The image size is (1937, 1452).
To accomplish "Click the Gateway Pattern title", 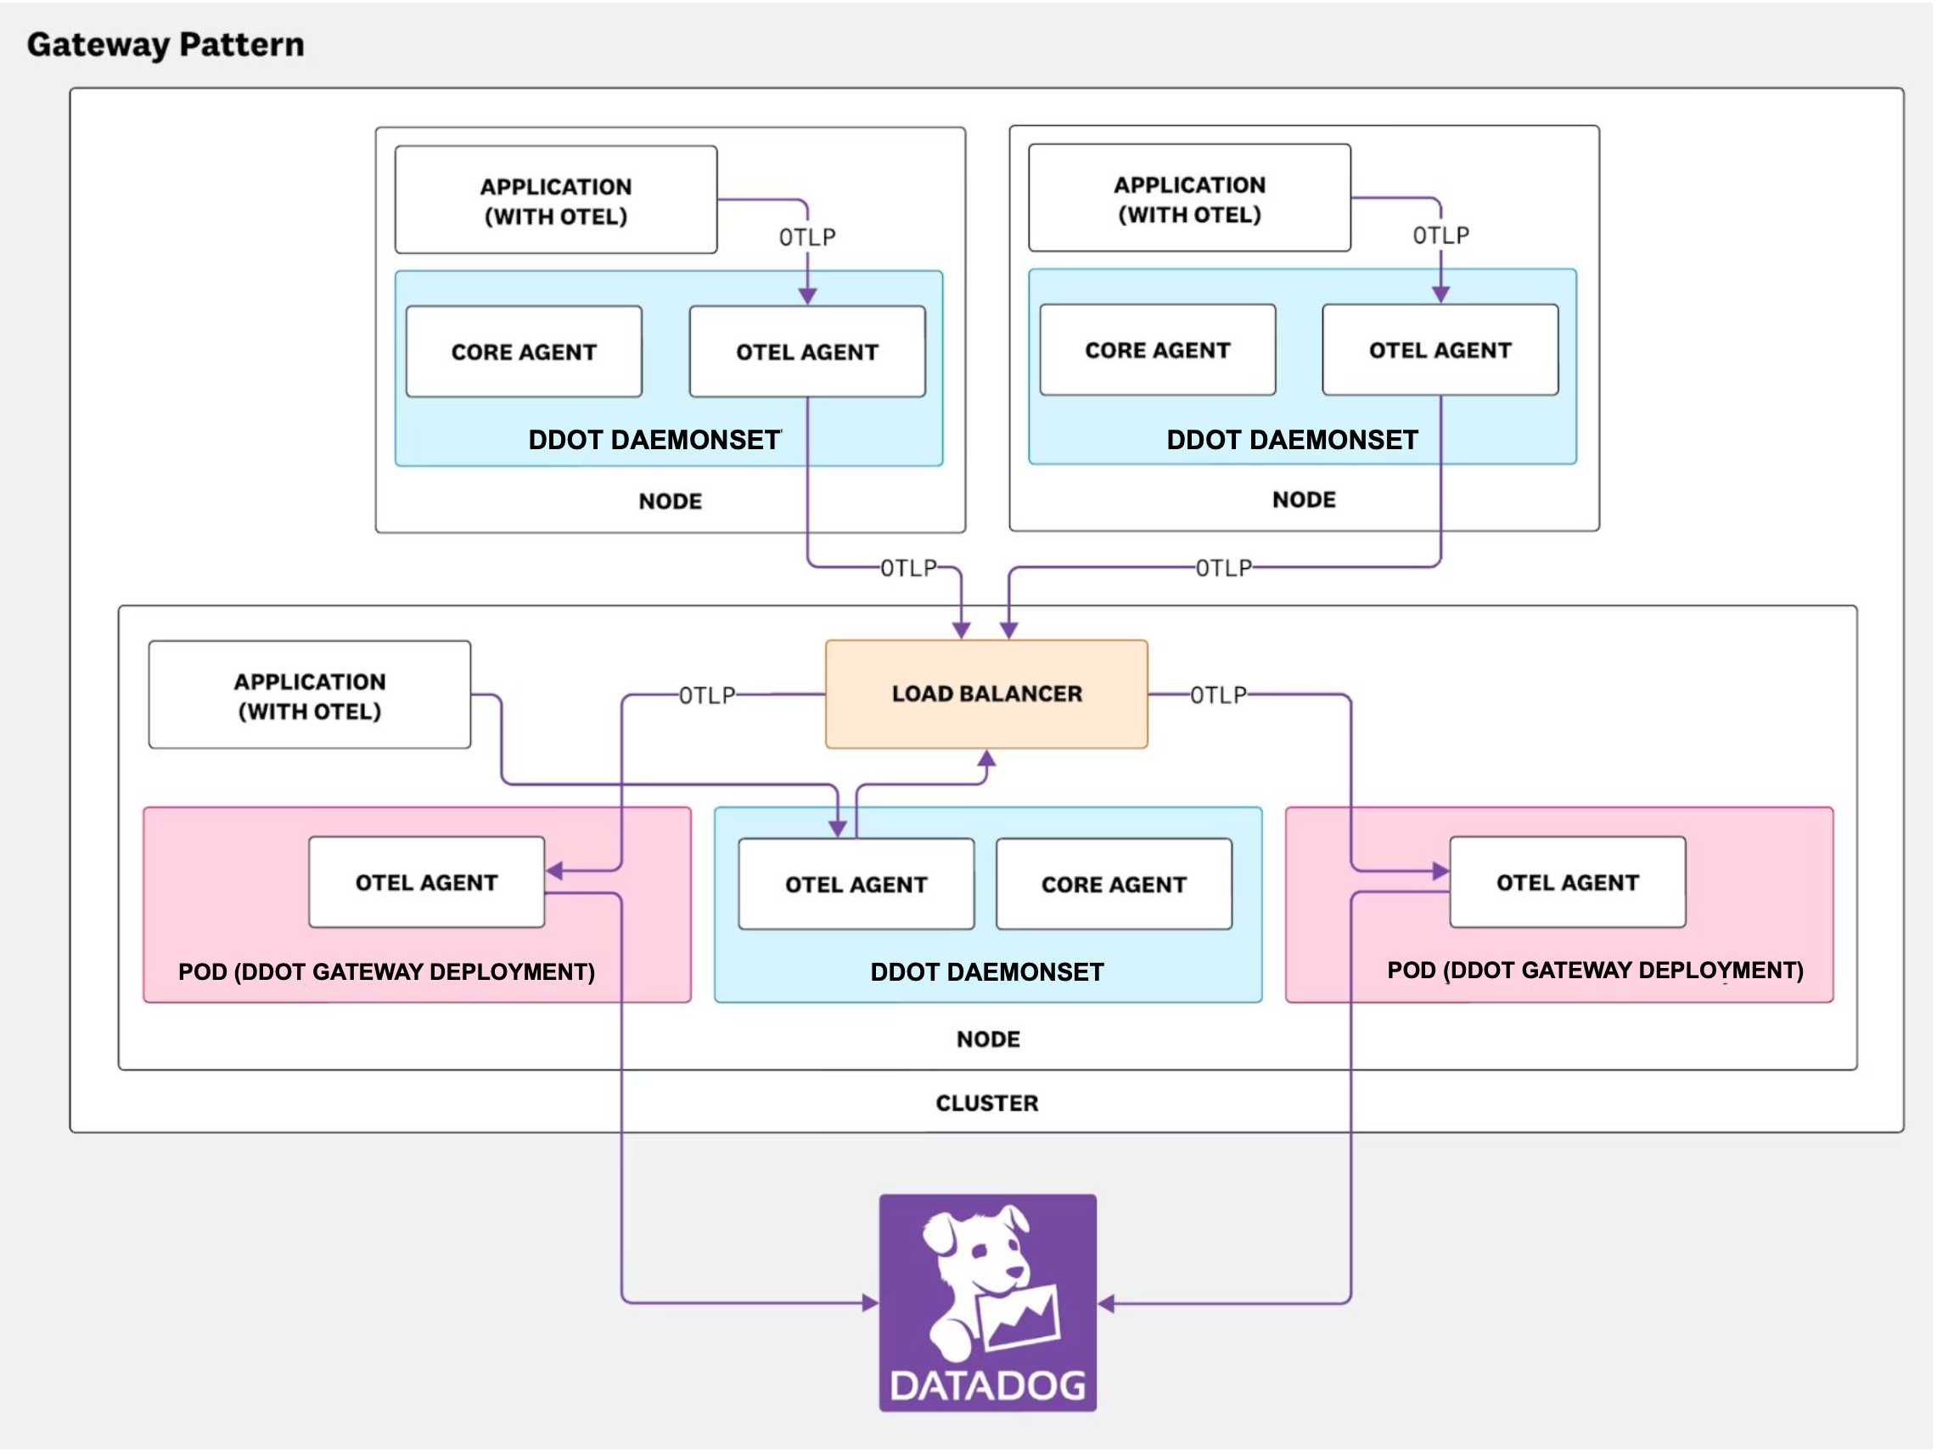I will (166, 45).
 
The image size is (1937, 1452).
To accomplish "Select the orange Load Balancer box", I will (987, 695).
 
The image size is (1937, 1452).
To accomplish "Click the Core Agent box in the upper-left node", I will (524, 352).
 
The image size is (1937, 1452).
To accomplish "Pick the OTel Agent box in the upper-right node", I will (1440, 351).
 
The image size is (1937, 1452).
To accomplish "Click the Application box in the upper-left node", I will (556, 200).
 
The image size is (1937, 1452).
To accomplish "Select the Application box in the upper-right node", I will (1189, 199).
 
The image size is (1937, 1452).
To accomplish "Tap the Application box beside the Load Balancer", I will (309, 696).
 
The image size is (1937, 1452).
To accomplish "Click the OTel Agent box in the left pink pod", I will (426, 883).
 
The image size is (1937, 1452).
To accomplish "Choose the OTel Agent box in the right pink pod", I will (1568, 883).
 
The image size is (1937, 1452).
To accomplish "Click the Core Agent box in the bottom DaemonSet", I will (1114, 885).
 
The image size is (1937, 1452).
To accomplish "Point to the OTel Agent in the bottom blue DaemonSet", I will (856, 885).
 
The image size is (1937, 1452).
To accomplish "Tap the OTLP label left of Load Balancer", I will (707, 696).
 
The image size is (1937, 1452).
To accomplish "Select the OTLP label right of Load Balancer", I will (1218, 695).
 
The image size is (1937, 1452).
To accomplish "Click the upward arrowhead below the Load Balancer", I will (987, 758).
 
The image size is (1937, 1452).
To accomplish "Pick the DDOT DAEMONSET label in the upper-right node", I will (1293, 441).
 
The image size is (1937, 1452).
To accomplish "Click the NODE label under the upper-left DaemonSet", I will (670, 502).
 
